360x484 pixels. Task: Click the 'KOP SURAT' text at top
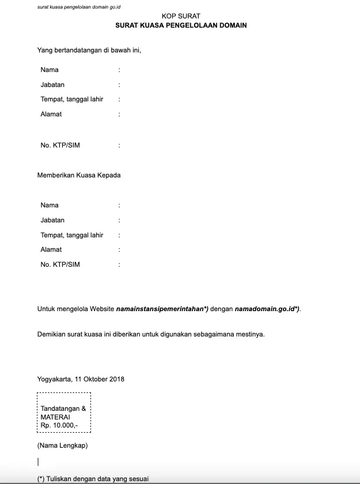click(x=181, y=17)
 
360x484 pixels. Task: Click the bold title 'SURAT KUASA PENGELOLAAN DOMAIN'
click(x=181, y=26)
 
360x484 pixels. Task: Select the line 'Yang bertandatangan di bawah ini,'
click(x=89, y=50)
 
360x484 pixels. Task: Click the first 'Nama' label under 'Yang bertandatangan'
click(x=50, y=70)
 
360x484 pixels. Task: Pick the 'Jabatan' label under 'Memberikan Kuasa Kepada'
click(x=52, y=220)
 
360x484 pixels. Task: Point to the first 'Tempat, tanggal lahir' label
click(x=72, y=99)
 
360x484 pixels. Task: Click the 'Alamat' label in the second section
click(x=51, y=249)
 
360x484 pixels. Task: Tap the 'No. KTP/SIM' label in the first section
click(x=60, y=145)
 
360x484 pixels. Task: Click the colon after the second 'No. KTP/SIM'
click(x=119, y=264)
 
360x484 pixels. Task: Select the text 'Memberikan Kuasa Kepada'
click(x=79, y=175)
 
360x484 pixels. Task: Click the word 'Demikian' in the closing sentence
click(x=50, y=334)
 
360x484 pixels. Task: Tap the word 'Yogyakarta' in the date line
click(x=55, y=379)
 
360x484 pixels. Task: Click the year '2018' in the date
click(x=116, y=379)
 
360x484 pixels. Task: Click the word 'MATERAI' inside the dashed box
click(x=55, y=416)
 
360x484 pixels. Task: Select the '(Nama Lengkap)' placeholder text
click(x=62, y=445)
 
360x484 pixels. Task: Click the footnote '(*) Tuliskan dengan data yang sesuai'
click(x=93, y=479)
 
